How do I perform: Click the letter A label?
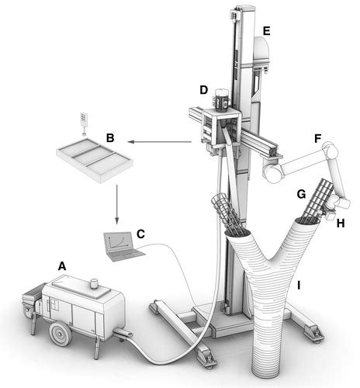coord(61,265)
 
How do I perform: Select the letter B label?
coord(111,137)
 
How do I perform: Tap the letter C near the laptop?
coord(140,233)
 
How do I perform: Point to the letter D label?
coord(203,92)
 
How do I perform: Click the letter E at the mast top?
coord(266,31)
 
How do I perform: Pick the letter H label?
coord(341,223)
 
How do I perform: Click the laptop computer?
coord(119,244)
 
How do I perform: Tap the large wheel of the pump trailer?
coord(57,334)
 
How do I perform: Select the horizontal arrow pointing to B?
coord(159,142)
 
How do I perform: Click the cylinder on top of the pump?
coord(95,285)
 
